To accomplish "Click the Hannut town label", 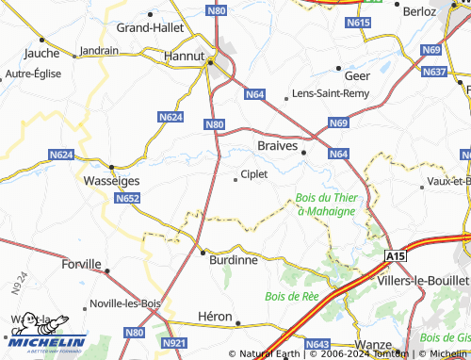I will (x=184, y=57).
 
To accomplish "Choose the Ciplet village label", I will (x=254, y=174).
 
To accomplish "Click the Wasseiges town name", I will (x=111, y=180).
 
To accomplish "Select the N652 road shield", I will (x=128, y=198).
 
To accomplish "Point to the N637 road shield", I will (x=435, y=72).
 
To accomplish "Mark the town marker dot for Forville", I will (x=106, y=270).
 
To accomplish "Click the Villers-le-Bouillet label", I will (x=421, y=281).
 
